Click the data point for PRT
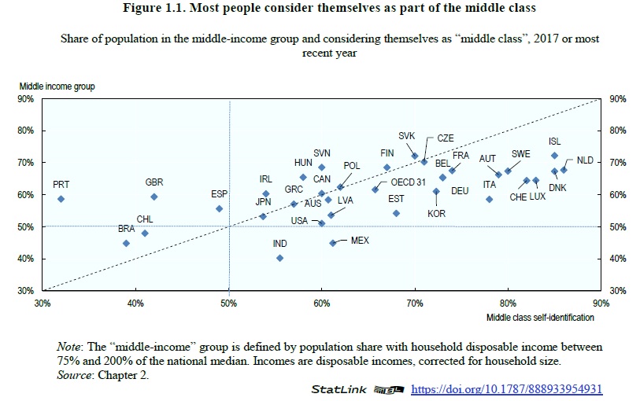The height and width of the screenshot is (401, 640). (x=61, y=199)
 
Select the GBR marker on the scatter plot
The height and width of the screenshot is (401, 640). (x=154, y=197)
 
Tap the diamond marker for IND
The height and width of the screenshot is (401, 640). (x=279, y=258)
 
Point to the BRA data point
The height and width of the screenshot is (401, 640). (x=126, y=243)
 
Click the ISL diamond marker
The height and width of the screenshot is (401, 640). (x=554, y=156)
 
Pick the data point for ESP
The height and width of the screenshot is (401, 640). (x=219, y=208)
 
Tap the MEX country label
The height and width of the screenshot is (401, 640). (x=360, y=240)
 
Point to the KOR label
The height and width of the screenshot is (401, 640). (x=436, y=213)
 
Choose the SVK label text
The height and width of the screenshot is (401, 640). (x=406, y=135)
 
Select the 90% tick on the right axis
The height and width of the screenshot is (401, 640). (x=617, y=99)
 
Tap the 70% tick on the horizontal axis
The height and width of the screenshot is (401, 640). (x=415, y=303)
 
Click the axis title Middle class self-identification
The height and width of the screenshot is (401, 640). (x=540, y=317)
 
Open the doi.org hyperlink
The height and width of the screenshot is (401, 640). (x=506, y=389)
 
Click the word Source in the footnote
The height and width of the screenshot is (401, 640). (x=74, y=374)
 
